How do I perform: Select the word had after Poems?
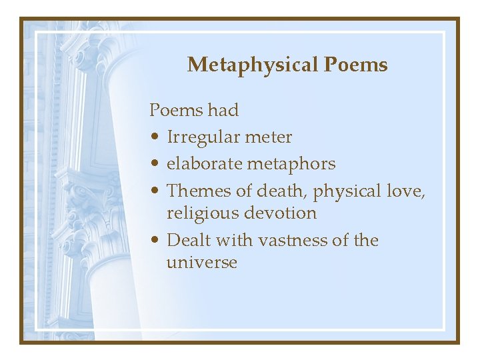pyautogui.click(x=223, y=110)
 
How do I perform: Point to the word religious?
pyautogui.click(x=204, y=214)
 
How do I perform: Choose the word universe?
pyautogui.click(x=202, y=263)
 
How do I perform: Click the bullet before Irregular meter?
pyautogui.click(x=154, y=138)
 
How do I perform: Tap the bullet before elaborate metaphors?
pyautogui.click(x=154, y=164)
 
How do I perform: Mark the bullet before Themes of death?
pyautogui.click(x=154, y=191)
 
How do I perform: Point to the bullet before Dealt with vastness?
pyautogui.click(x=154, y=241)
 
